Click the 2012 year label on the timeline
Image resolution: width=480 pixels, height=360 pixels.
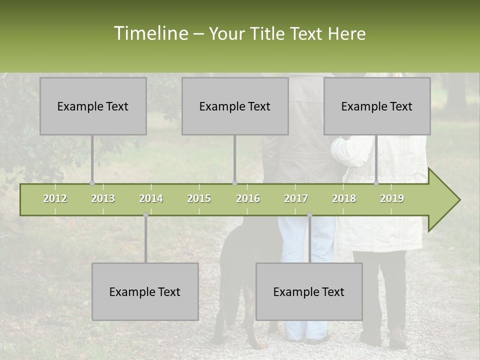pos(55,198)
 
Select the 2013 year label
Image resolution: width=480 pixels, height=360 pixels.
pos(103,198)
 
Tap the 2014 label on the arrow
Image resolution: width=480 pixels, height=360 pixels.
pos(151,198)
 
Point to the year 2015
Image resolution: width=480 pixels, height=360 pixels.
pos(199,198)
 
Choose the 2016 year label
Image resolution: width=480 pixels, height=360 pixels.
pos(248,198)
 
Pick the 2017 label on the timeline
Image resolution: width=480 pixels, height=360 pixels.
pos(296,198)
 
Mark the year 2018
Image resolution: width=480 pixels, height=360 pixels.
pos(344,198)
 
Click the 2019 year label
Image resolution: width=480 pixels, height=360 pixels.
pos(392,198)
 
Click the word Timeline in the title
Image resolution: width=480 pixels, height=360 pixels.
pos(150,33)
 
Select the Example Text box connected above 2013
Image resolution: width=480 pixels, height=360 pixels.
pos(93,106)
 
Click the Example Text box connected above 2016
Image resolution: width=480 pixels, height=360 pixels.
pos(235,106)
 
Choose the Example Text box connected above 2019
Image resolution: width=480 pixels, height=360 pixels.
pos(377,106)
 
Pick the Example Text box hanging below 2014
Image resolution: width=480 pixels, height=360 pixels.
pos(145,291)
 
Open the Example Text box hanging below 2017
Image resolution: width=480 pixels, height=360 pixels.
pos(309,291)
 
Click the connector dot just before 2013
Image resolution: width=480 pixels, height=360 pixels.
pos(92,183)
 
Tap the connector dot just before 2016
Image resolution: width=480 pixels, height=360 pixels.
pos(235,183)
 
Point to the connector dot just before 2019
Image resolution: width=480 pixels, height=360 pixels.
pos(376,183)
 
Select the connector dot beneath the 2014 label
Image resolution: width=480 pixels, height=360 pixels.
pos(145,215)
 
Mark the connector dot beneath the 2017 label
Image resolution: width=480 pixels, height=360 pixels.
pos(309,215)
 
